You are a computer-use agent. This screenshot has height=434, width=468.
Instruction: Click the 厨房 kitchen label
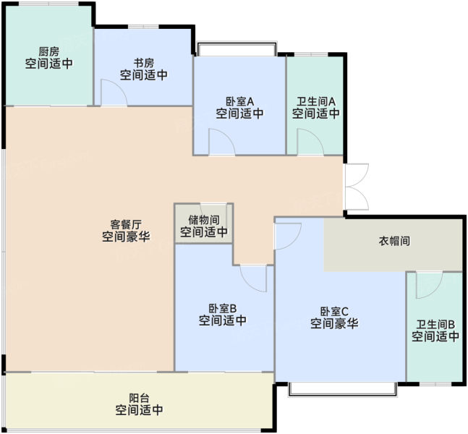coord(49,51)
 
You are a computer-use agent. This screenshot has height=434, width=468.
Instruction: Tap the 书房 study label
coord(144,63)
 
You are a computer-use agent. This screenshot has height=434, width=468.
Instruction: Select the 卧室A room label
coord(239,101)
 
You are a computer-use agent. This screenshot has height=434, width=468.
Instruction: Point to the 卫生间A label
coord(316,101)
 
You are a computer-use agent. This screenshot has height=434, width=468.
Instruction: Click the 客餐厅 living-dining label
coord(126,224)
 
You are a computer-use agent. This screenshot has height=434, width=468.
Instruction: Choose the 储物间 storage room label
coord(204,220)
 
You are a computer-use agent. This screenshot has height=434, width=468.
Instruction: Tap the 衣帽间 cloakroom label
coord(394,241)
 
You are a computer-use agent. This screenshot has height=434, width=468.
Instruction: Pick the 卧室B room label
coord(223,308)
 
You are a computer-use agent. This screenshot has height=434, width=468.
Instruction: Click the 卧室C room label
coord(334,311)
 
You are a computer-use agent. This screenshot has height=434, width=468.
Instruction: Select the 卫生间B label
coord(435,325)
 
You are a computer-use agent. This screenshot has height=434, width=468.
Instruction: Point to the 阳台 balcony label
coord(140,398)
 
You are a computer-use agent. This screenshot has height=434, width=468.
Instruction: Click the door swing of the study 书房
coord(114,93)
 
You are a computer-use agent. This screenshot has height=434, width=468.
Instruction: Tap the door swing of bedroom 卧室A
coord(222,142)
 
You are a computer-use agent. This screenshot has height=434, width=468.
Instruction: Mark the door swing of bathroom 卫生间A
coord(310,142)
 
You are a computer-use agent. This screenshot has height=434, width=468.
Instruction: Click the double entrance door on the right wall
coord(357,187)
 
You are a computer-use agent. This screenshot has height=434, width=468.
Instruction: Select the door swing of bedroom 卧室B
coord(253,278)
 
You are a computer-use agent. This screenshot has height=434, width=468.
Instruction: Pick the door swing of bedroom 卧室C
coord(288,237)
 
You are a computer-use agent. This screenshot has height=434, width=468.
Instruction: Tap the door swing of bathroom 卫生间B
coord(429,285)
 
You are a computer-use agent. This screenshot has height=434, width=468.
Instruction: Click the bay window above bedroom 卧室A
coord(237,49)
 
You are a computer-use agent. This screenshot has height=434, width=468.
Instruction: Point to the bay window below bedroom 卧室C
coord(343,389)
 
